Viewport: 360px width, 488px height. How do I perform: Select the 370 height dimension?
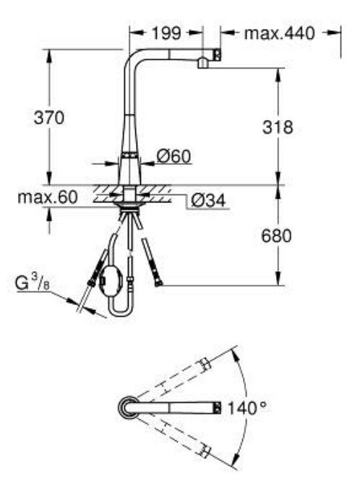[50, 118]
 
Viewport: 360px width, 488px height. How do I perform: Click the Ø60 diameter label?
[173, 155]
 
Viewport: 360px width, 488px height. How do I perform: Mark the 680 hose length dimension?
[276, 237]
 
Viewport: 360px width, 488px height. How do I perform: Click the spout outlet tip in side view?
[202, 64]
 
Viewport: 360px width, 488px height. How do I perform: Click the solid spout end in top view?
[215, 408]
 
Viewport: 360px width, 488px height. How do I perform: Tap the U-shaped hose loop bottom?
[119, 313]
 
